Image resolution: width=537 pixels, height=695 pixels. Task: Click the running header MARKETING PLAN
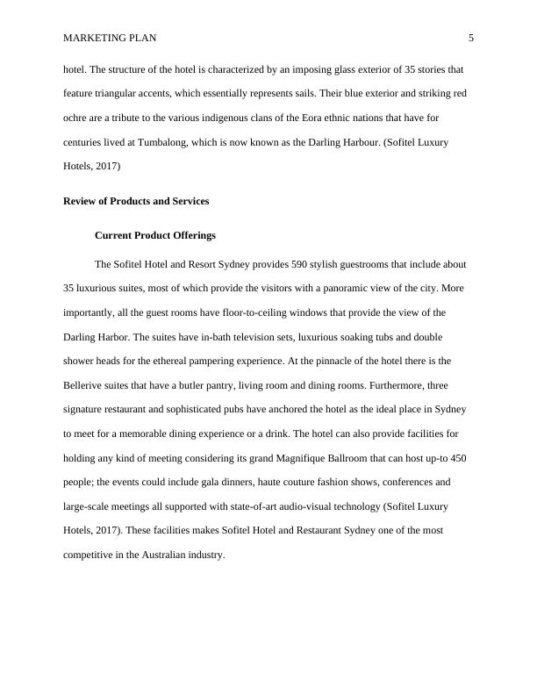click(x=110, y=38)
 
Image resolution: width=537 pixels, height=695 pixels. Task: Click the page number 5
click(x=471, y=38)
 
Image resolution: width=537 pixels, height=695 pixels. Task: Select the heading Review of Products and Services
click(x=136, y=201)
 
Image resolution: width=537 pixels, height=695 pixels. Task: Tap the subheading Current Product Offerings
click(x=154, y=235)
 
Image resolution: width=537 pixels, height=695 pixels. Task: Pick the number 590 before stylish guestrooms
click(x=302, y=263)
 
